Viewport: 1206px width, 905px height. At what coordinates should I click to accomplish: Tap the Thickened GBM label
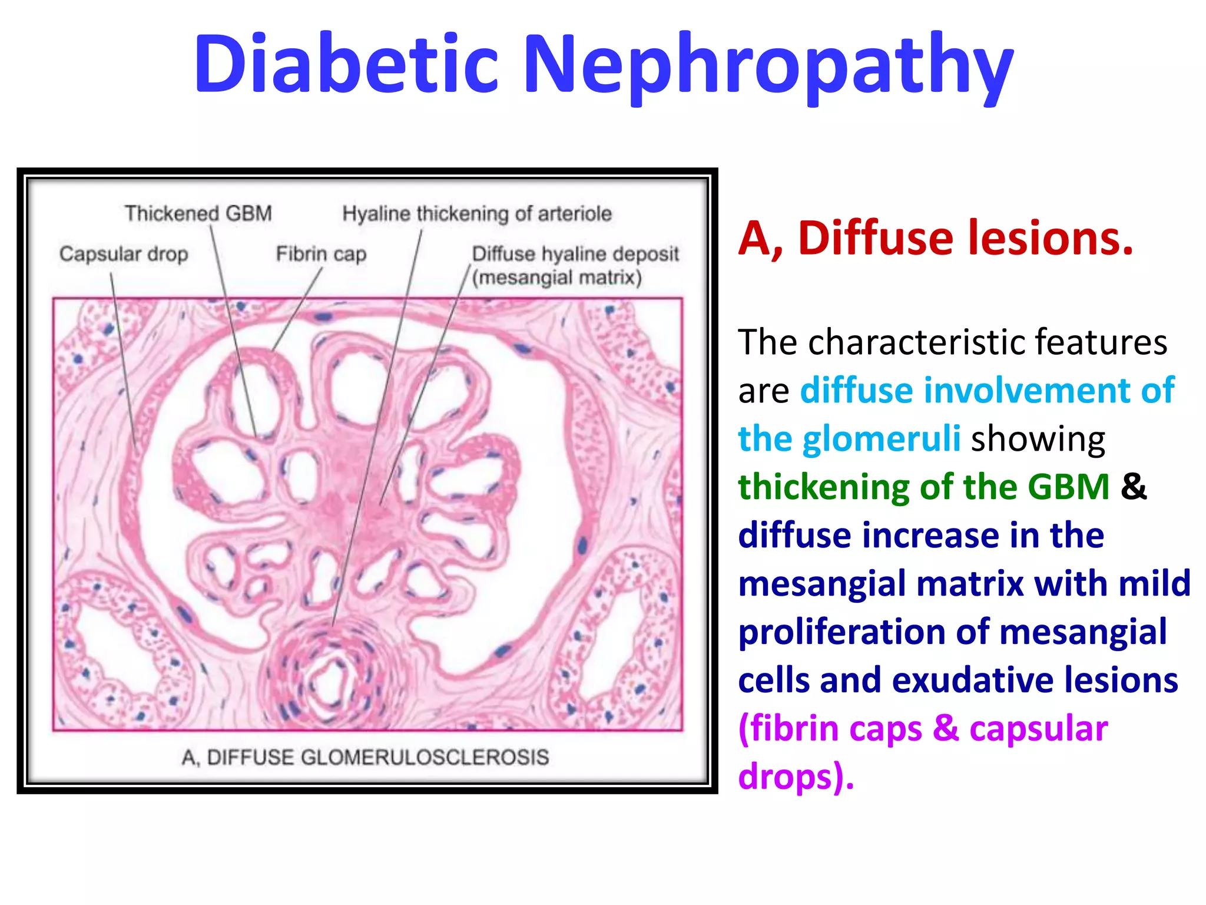point(198,213)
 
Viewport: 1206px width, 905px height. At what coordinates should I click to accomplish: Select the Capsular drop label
point(124,254)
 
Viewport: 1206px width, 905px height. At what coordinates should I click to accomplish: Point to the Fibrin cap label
point(321,254)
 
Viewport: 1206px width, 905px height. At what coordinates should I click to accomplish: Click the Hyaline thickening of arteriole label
point(477,213)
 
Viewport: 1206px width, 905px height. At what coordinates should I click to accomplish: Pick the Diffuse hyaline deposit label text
point(575,254)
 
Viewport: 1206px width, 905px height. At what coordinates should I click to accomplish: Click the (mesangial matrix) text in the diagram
point(556,278)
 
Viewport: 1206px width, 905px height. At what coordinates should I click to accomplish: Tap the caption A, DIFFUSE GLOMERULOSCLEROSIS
point(365,757)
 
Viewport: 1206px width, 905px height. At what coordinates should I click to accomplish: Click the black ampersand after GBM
point(1134,487)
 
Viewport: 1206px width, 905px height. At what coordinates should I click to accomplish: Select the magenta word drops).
point(795,777)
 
